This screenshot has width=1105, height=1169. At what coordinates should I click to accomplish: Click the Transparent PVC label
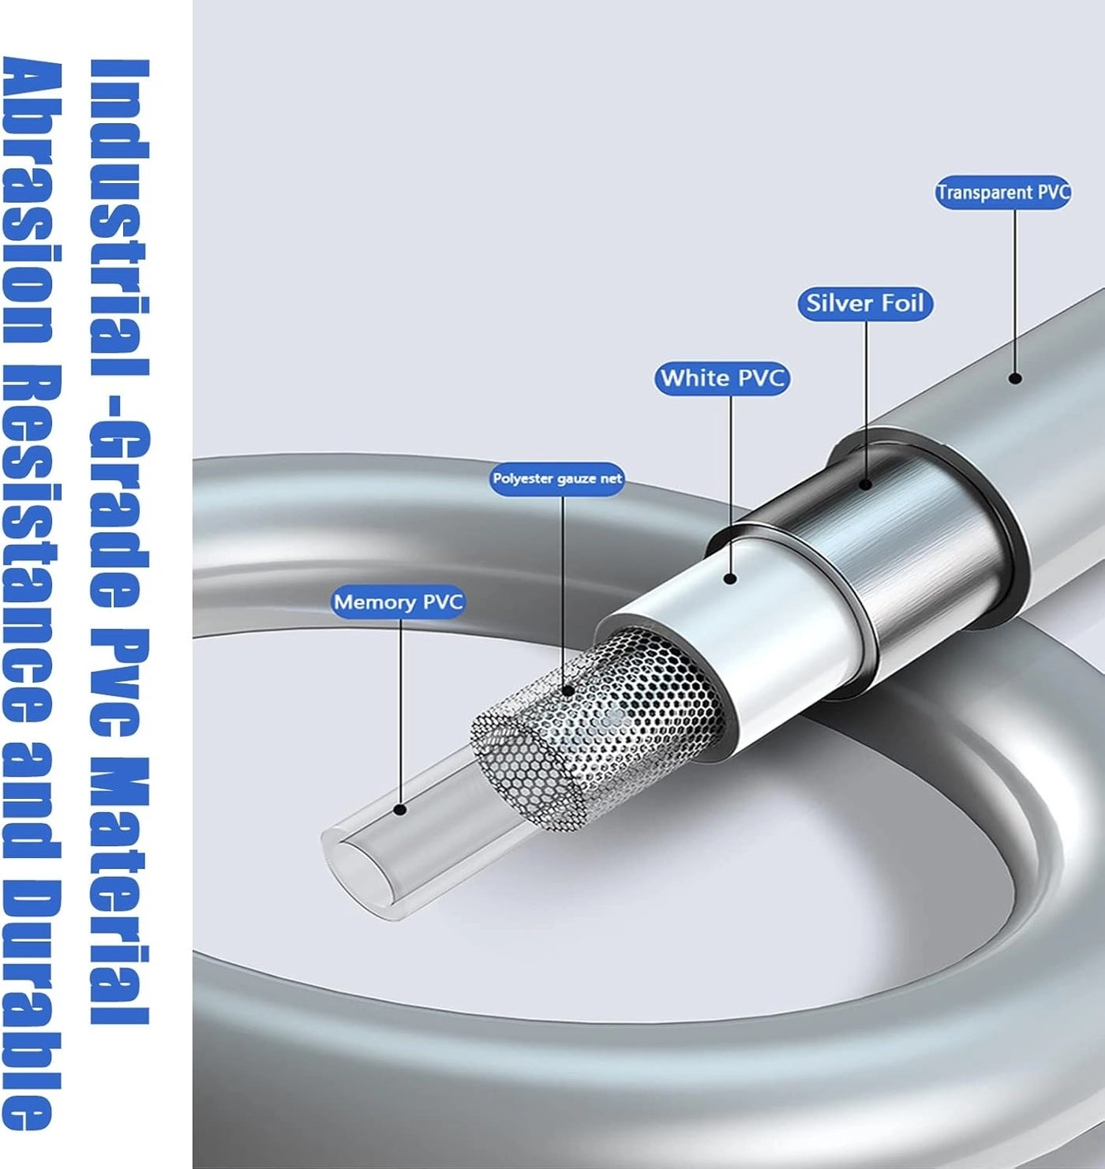coord(1002,192)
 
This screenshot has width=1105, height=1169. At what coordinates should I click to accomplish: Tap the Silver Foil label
coord(865,304)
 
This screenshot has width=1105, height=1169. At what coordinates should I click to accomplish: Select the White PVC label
coord(722,378)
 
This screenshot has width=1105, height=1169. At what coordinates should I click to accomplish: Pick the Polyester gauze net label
coord(557,478)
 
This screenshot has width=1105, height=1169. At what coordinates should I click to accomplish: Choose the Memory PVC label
coord(398,601)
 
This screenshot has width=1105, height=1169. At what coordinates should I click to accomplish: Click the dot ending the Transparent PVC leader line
coord(1016,377)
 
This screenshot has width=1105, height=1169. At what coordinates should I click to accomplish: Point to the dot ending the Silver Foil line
coord(866,485)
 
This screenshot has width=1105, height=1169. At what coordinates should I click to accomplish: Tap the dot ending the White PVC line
coord(731,578)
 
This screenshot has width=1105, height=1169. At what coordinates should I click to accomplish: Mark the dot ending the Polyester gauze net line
coord(569,691)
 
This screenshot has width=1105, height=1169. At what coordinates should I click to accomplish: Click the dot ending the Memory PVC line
coord(400,809)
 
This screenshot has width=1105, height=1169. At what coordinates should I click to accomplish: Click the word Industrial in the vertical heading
coord(119,218)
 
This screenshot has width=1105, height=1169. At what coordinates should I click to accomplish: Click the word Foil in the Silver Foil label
coord(902,304)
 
